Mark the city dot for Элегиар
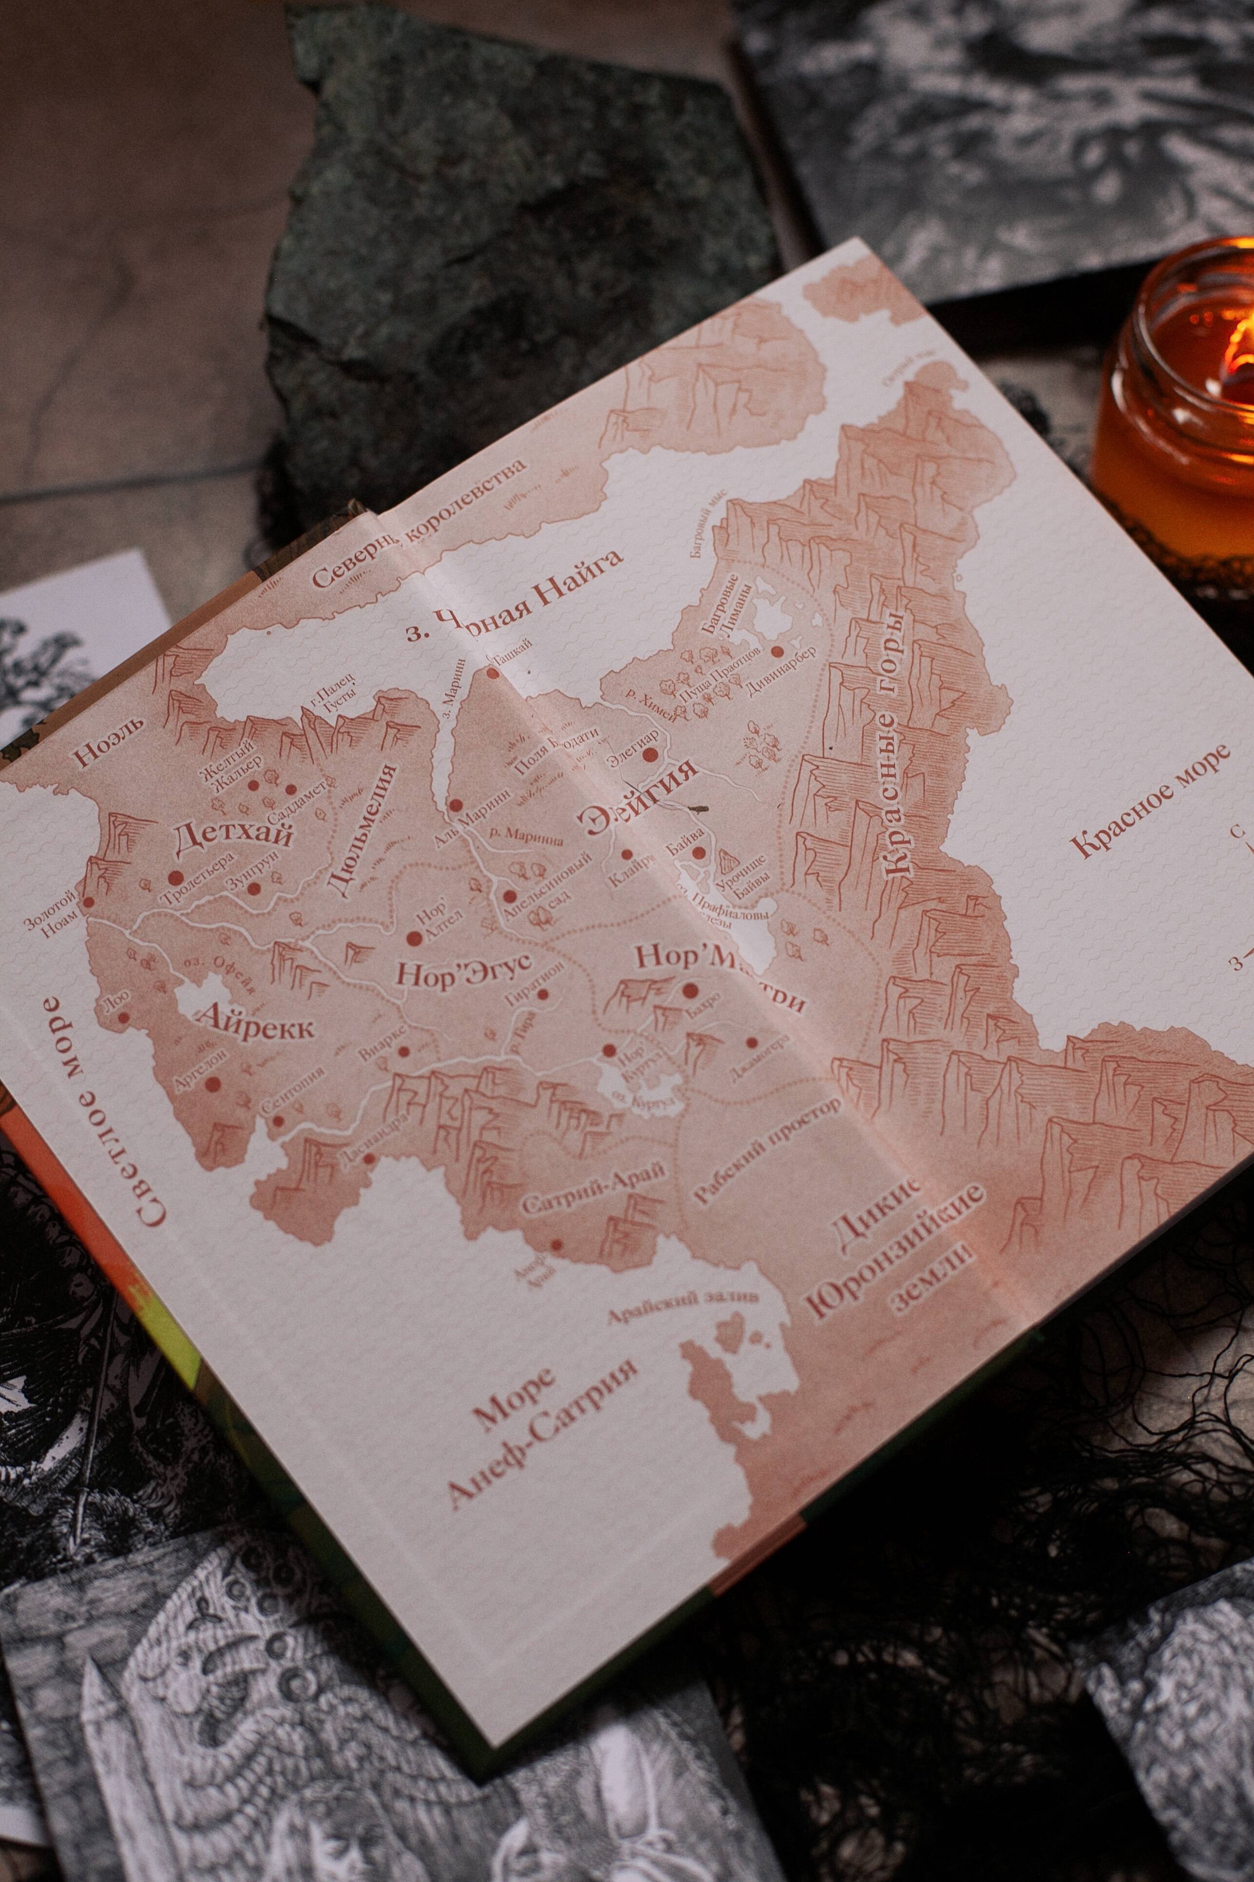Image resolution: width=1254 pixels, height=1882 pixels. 650,754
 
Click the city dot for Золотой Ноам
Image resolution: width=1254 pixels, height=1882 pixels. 88,901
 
